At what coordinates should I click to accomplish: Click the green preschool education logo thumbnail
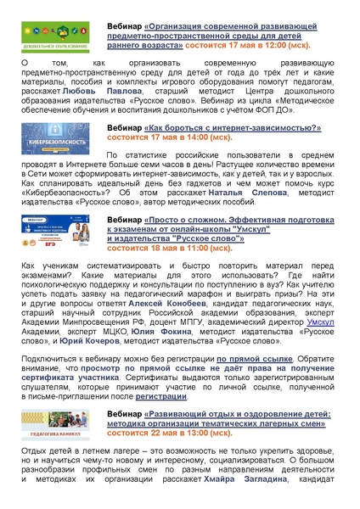pos(51,38)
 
